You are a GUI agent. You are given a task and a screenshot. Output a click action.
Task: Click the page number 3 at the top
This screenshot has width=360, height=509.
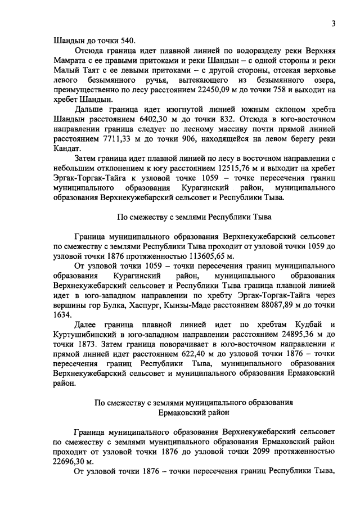(333, 24)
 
